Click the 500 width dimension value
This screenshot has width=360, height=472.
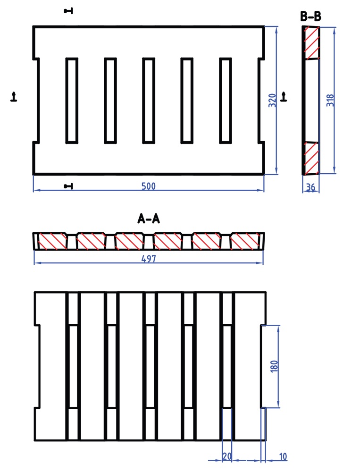(x=149, y=186)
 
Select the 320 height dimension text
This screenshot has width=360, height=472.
(x=272, y=101)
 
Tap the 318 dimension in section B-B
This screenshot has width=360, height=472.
(x=330, y=101)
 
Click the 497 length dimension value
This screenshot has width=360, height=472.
(x=149, y=259)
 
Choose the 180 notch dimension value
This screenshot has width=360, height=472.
(x=274, y=366)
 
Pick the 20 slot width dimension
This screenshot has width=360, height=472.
(x=226, y=456)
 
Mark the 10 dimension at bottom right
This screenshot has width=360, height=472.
(x=283, y=456)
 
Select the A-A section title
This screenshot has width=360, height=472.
(x=148, y=219)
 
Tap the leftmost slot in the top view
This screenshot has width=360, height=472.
(x=72, y=100)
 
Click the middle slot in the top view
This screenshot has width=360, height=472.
(x=149, y=100)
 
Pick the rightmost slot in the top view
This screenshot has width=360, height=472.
(x=226, y=100)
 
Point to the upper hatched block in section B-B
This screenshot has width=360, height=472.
(x=311, y=43)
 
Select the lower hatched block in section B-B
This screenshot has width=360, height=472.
(x=311, y=158)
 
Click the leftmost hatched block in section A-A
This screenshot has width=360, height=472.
(x=52, y=241)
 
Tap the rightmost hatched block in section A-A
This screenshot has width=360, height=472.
(x=245, y=241)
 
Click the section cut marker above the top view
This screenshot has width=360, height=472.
(x=69, y=10)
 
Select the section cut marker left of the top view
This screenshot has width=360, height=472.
(x=14, y=97)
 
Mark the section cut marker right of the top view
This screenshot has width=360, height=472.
(x=284, y=96)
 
